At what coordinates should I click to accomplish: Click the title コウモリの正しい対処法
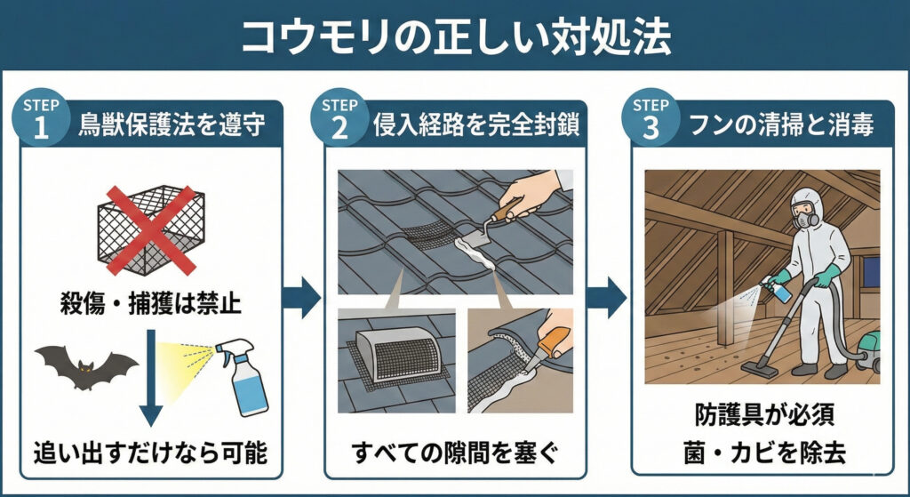coord(454,35)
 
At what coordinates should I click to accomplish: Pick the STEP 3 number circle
coord(651,117)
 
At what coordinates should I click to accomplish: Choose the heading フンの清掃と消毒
coord(782,124)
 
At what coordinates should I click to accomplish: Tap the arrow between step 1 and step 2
coord(305,297)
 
